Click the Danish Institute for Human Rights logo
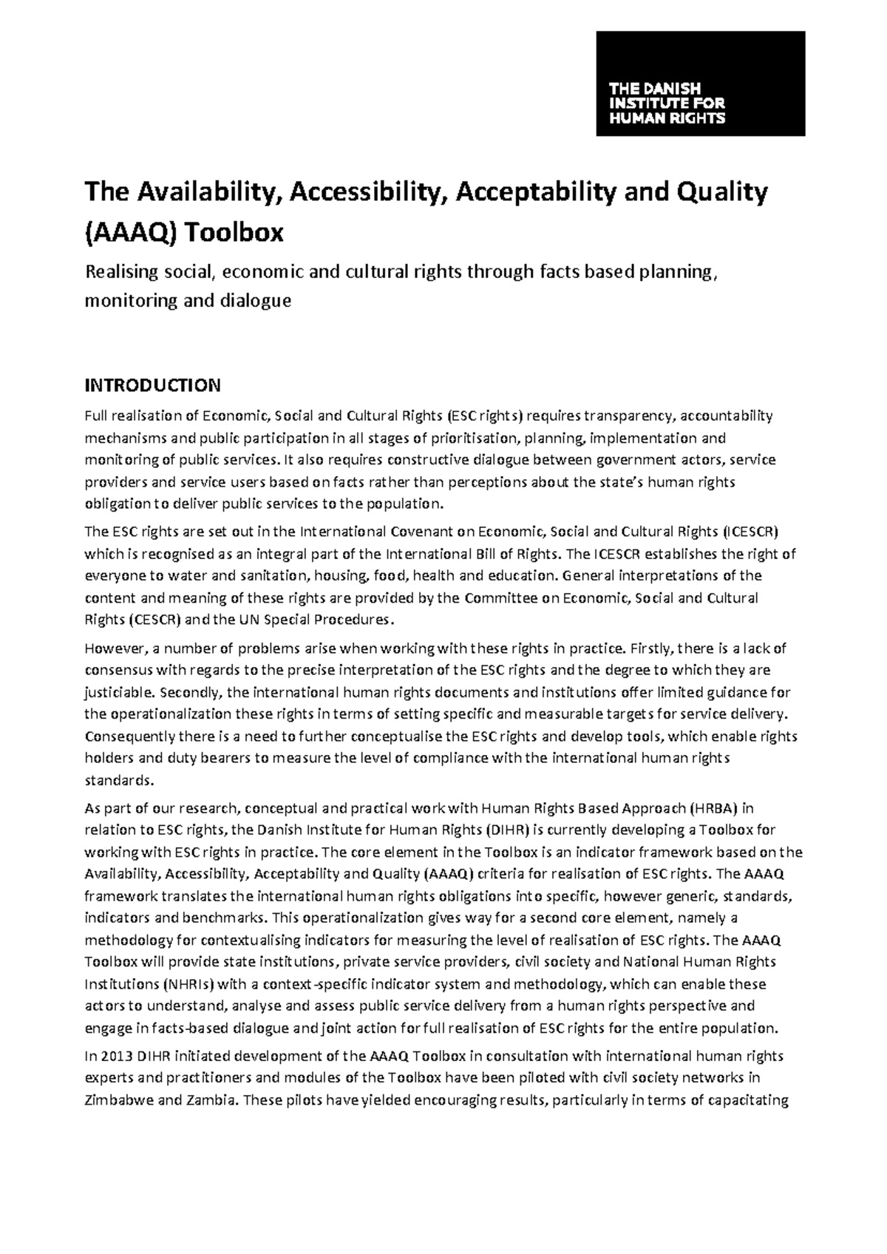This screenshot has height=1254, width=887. coord(700,84)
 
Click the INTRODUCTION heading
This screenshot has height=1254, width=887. coord(152,385)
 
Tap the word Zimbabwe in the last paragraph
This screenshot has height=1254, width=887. coord(120,1099)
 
